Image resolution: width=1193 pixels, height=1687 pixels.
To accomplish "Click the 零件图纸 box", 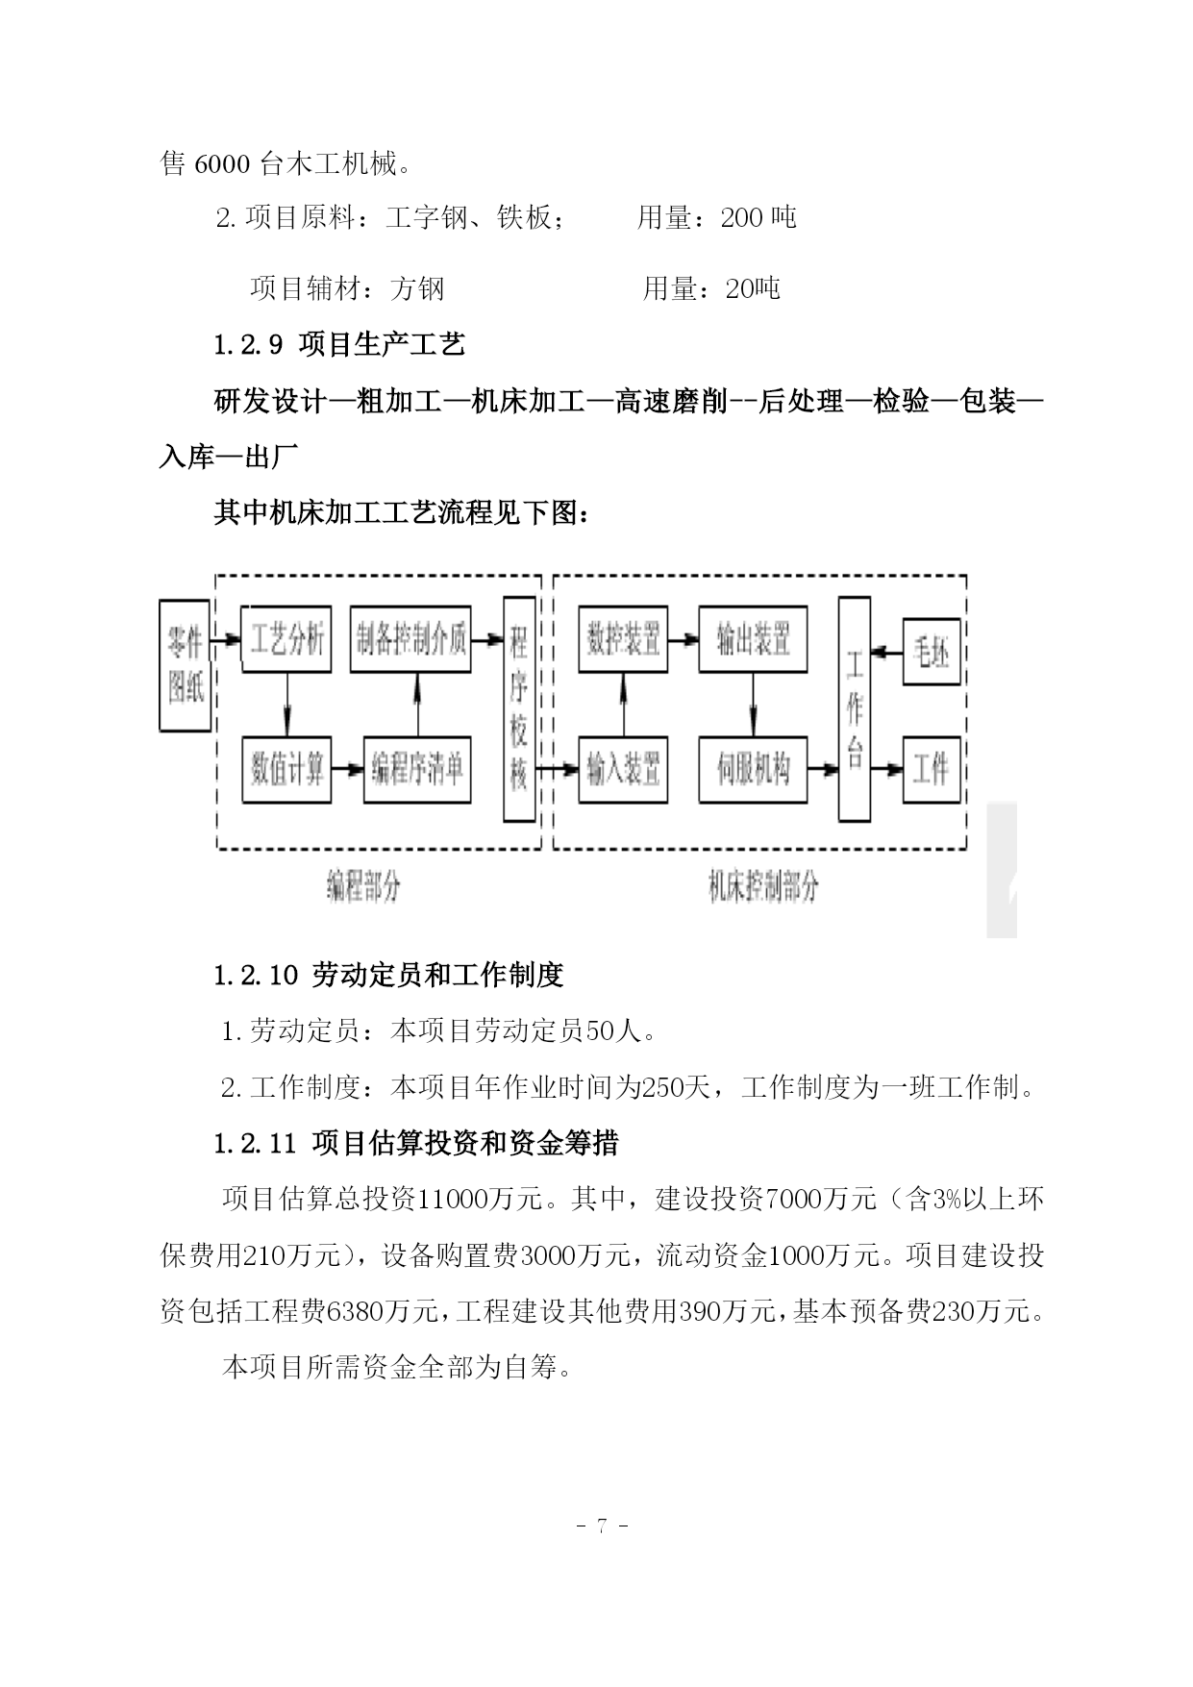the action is (x=186, y=664).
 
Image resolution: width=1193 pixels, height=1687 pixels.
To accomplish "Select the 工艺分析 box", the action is (x=286, y=639).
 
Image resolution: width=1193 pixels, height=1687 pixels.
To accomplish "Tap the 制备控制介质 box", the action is (x=411, y=639).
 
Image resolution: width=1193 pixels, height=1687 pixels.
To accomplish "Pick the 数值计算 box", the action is (x=286, y=769).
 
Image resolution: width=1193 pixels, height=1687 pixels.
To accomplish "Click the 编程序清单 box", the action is (x=417, y=769).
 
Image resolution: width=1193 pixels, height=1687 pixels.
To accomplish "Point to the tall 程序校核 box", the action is (x=519, y=709).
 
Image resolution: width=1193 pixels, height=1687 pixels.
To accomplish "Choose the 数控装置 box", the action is (x=624, y=639).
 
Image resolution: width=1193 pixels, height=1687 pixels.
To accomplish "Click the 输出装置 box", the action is (x=753, y=639).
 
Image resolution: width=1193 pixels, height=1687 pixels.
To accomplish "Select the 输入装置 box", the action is (x=624, y=769).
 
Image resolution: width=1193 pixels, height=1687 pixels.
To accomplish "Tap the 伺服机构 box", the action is (x=753, y=769).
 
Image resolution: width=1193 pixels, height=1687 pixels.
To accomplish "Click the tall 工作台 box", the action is (x=855, y=709).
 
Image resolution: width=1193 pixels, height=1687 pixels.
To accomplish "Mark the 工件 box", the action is (x=932, y=769).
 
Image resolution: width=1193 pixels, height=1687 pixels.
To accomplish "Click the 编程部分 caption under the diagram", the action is (x=362, y=886).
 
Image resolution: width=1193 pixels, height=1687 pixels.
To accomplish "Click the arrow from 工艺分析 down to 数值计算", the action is (x=286, y=705).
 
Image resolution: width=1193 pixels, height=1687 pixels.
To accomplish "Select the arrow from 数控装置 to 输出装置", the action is (x=684, y=639).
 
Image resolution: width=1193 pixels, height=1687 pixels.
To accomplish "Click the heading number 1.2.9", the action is (x=248, y=344).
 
